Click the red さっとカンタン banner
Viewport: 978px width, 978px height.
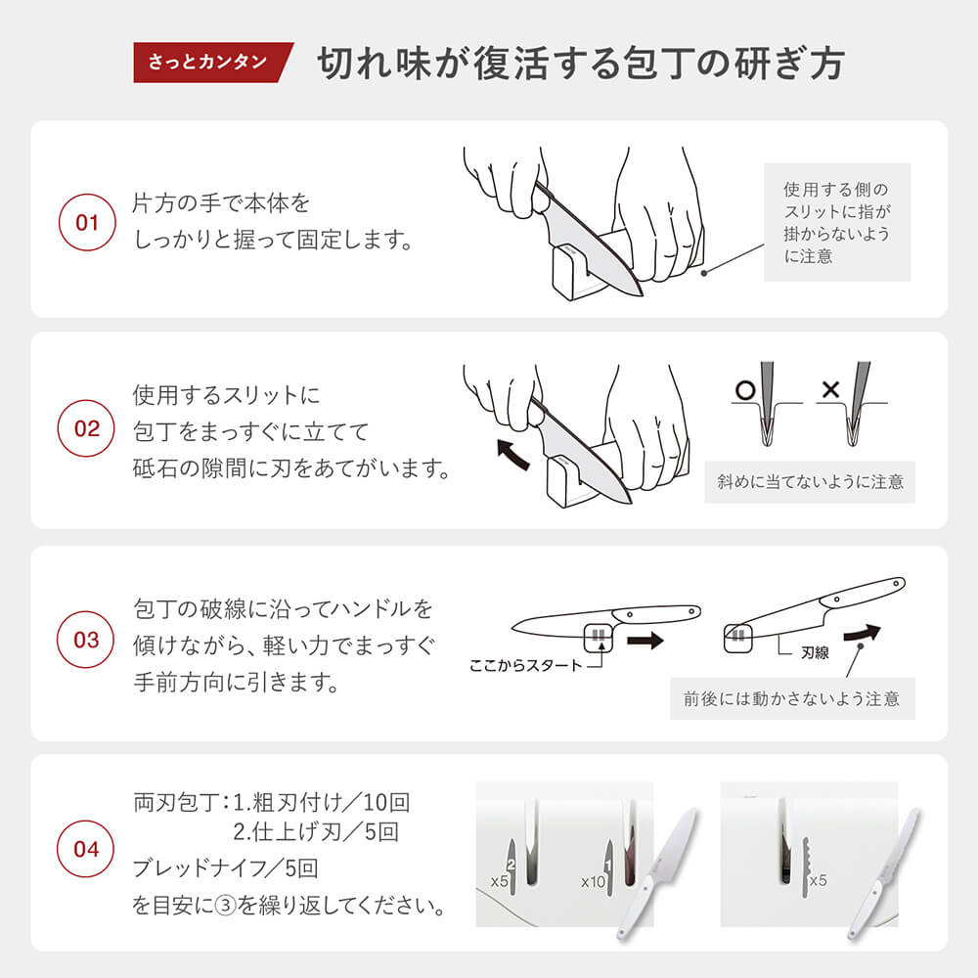click(212, 63)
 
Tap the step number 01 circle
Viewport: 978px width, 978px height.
click(87, 222)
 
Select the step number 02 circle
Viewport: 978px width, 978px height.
click(86, 428)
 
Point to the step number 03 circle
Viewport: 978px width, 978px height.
click(86, 640)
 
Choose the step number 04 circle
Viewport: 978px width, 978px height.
click(86, 849)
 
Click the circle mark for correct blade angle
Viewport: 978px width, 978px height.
click(745, 390)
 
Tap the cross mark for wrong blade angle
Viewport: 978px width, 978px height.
click(830, 390)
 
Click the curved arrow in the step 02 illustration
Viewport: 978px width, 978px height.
click(514, 455)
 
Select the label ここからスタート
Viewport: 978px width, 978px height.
click(525, 666)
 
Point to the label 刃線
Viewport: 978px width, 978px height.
click(815, 653)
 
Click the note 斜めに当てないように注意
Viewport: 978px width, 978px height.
click(810, 481)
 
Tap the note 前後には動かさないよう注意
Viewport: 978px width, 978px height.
click(792, 698)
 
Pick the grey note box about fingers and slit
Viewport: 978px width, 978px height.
click(837, 222)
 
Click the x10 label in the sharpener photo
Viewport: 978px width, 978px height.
click(594, 882)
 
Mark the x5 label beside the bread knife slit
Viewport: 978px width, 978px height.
click(818, 880)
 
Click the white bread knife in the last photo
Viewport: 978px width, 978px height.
click(884, 873)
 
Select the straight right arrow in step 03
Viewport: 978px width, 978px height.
click(645, 641)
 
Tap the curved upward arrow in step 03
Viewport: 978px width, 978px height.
click(862, 634)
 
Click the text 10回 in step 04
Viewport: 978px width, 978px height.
click(386, 802)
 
